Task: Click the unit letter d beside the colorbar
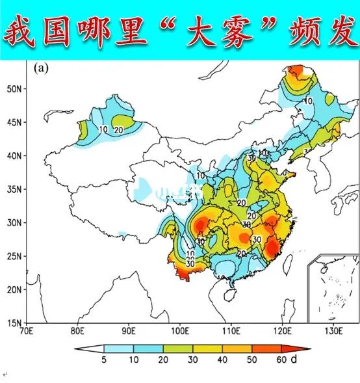pyautogui.click(x=294, y=358)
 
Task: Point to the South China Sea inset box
pyautogui.click(x=333, y=286)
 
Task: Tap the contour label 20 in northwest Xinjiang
pyautogui.click(x=119, y=129)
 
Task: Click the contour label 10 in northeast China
pyautogui.click(x=307, y=101)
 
